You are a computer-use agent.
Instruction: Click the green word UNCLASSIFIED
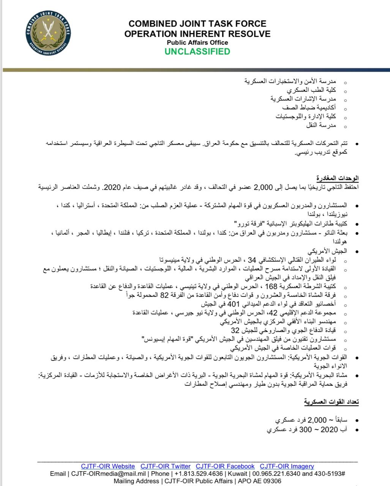tap(197, 52)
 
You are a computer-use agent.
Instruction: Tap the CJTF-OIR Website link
tap(108, 466)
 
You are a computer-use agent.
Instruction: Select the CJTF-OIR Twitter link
tap(165, 466)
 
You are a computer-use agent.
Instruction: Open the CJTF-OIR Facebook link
tap(225, 466)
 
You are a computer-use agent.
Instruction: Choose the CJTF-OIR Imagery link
tap(287, 466)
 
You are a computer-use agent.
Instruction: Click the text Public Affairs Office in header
tap(197, 43)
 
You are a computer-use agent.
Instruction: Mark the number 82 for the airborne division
tap(164, 295)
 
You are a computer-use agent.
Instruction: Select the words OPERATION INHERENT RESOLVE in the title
tap(197, 34)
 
